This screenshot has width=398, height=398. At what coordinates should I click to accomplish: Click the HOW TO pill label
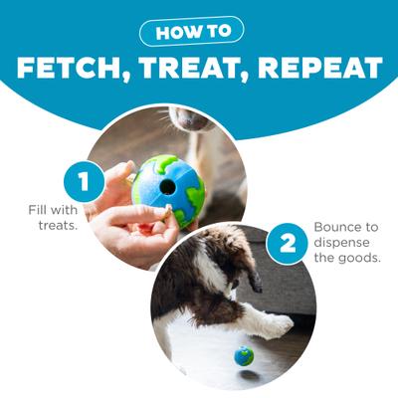[199, 31]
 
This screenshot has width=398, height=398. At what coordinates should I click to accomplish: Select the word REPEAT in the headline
[318, 68]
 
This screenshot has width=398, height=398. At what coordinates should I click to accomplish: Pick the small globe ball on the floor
[243, 355]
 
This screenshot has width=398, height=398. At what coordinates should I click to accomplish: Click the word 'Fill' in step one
[41, 209]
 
